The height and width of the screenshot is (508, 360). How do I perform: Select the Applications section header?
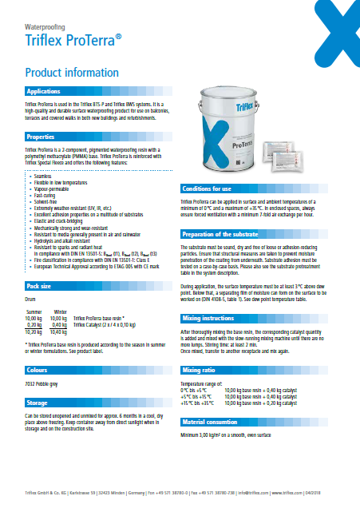coord(45,92)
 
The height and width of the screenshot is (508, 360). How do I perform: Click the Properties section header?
coord(41,137)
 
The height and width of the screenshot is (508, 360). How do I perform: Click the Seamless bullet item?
coord(39,173)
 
